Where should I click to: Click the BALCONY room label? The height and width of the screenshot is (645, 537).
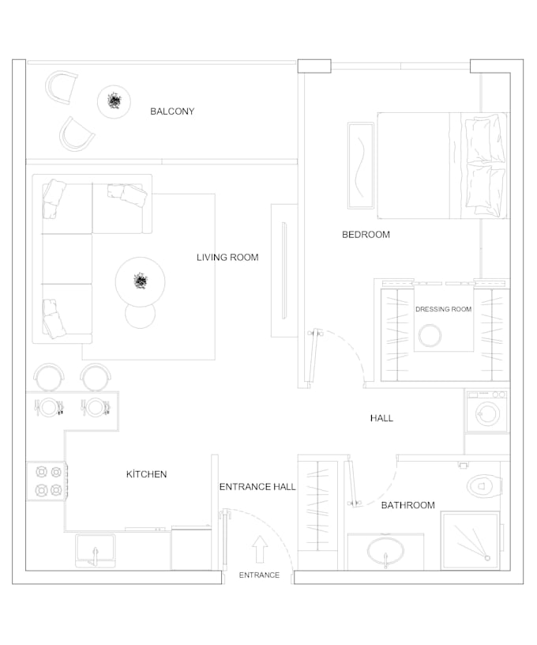tap(172, 111)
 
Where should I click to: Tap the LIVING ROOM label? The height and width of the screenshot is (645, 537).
tap(227, 258)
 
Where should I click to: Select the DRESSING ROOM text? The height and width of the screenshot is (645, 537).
tap(443, 309)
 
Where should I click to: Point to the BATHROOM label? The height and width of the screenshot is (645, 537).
tap(408, 505)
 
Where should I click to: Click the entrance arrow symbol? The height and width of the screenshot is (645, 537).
tap(260, 549)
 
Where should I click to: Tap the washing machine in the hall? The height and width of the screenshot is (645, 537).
tap(487, 411)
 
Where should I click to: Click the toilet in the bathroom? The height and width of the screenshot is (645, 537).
tap(484, 486)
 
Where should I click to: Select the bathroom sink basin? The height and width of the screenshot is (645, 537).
tap(385, 552)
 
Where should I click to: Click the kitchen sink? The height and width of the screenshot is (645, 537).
tap(95, 551)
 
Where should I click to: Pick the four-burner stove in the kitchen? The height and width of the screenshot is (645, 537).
tap(47, 481)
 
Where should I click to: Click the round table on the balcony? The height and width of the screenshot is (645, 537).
tap(114, 102)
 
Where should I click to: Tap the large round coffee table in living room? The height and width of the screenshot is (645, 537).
tap(140, 282)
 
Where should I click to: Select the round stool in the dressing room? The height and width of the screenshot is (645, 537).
tap(430, 335)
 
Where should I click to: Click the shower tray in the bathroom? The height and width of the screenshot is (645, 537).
tap(470, 541)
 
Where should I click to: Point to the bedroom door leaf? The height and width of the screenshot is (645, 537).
tap(314, 356)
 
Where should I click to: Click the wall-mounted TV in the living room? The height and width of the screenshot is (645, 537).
tap(284, 270)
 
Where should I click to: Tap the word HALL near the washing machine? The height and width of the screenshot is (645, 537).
tap(381, 418)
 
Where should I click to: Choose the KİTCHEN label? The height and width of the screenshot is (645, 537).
tap(147, 474)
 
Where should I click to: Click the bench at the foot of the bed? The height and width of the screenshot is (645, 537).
tap(361, 165)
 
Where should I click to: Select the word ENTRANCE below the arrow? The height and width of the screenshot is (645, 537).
tap(259, 575)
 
